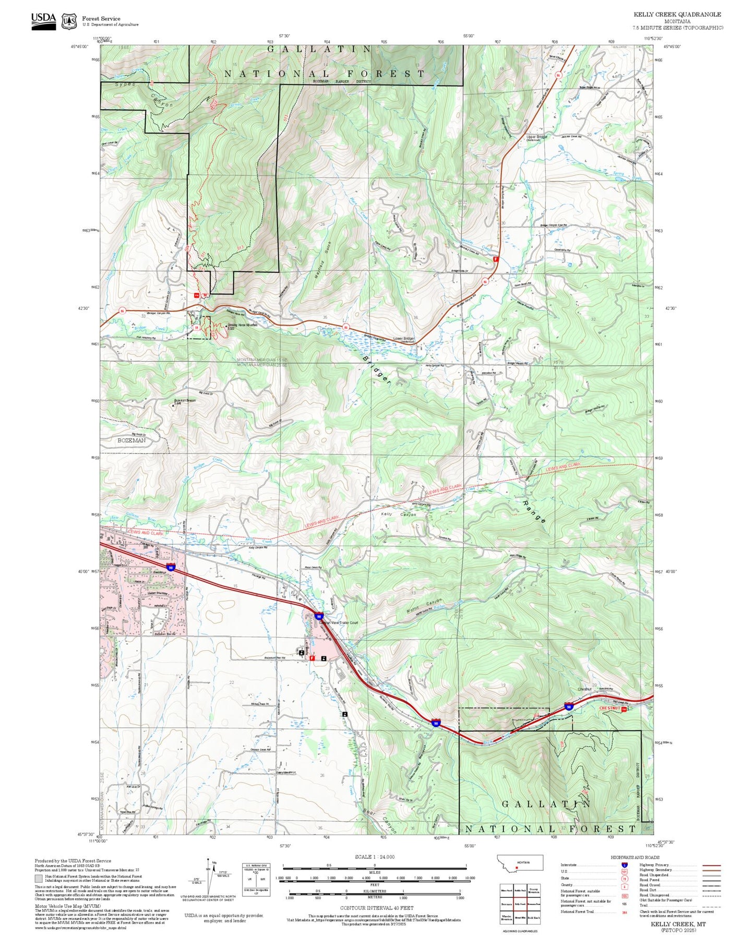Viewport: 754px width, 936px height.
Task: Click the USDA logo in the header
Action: (x=43, y=20)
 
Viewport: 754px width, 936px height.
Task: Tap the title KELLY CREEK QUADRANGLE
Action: (x=677, y=15)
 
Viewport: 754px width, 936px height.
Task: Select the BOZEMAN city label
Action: (x=131, y=440)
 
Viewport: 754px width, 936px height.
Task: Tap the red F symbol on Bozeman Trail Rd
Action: (x=312, y=658)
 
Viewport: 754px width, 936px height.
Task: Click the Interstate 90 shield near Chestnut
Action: (x=568, y=707)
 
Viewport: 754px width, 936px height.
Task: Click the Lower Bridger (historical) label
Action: (x=404, y=340)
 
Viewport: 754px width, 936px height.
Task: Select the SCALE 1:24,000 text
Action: (x=374, y=857)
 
